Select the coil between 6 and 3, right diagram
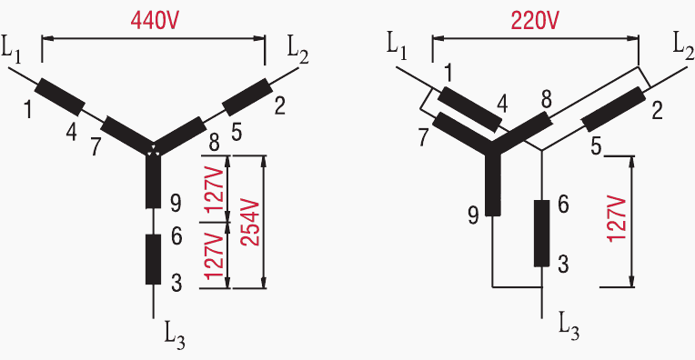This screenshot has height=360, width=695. [x=541, y=234]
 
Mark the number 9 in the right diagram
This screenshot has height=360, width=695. [x=473, y=215]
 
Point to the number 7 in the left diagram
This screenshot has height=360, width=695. [x=96, y=147]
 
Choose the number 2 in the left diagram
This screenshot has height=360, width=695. [x=279, y=105]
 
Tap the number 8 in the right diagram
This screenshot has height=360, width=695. [x=545, y=99]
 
